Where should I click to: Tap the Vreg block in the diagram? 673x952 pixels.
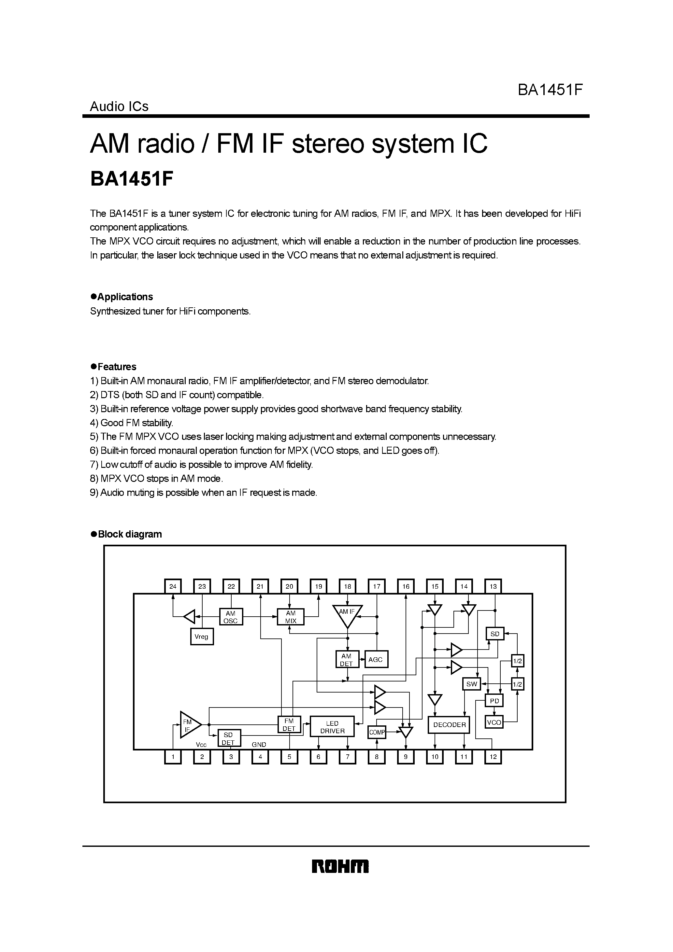(x=202, y=637)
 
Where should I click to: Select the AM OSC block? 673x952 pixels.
(x=231, y=617)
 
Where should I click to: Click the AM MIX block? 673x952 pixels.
(x=291, y=617)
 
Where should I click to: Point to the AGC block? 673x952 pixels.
(x=376, y=659)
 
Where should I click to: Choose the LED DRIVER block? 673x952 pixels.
(x=332, y=727)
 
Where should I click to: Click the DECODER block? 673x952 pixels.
(x=449, y=725)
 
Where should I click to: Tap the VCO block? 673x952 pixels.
(x=494, y=722)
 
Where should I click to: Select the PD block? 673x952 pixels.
(x=494, y=701)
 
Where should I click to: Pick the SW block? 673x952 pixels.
(x=471, y=684)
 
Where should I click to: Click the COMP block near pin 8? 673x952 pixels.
(x=377, y=732)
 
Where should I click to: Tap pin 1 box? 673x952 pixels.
(x=173, y=757)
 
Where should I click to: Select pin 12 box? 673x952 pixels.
(x=493, y=757)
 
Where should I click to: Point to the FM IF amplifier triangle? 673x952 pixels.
(x=189, y=725)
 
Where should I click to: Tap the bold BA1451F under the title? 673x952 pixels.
(x=131, y=179)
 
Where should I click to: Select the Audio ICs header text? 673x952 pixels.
(x=119, y=106)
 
